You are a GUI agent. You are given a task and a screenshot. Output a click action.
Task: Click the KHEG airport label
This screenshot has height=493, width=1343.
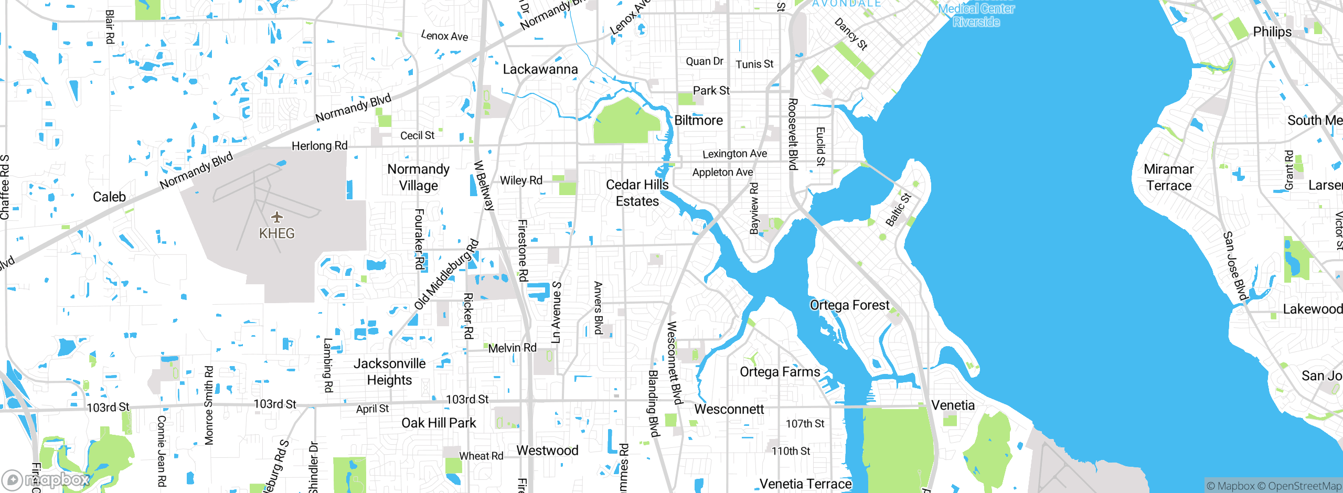pyautogui.click(x=276, y=233)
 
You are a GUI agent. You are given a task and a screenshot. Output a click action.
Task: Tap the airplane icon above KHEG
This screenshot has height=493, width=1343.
pyautogui.click(x=277, y=217)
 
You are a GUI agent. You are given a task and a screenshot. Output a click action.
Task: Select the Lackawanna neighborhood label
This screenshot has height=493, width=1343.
pyautogui.click(x=540, y=69)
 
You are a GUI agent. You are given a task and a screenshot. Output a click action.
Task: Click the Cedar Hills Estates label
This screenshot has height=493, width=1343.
pyautogui.click(x=637, y=193)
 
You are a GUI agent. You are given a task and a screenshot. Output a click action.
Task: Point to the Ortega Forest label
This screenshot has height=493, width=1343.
pyautogui.click(x=849, y=305)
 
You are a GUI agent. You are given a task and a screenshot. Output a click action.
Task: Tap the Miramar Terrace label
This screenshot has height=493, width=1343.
pyautogui.click(x=1168, y=177)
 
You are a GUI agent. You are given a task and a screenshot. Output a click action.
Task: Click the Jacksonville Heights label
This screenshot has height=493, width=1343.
pyautogui.click(x=389, y=371)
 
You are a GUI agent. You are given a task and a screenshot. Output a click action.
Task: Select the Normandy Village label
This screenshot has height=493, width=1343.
pyautogui.click(x=418, y=177)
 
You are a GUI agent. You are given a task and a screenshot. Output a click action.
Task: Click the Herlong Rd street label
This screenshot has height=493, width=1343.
pyautogui.click(x=319, y=146)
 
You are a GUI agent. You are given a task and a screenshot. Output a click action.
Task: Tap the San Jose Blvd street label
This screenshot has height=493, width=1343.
pyautogui.click(x=1234, y=266)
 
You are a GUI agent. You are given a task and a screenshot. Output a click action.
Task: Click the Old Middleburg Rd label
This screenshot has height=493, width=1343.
pyautogui.click(x=446, y=275)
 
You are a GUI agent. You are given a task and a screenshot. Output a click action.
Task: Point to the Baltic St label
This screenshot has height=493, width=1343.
pyautogui.click(x=898, y=210)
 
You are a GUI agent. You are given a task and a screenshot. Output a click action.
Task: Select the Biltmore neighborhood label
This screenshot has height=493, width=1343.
pyautogui.click(x=698, y=121)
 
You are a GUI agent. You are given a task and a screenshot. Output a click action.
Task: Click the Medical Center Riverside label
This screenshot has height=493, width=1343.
pyautogui.click(x=976, y=15)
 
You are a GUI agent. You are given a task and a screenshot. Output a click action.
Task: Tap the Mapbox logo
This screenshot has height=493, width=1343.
pyautogui.click(x=46, y=479)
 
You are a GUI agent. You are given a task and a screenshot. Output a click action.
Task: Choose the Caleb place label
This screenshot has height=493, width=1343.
pyautogui.click(x=109, y=197)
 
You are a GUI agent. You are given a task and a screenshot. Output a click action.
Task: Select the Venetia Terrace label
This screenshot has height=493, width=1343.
pyautogui.click(x=805, y=484)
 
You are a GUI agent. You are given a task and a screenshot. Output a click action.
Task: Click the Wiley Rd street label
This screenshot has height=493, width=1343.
pyautogui.click(x=521, y=180)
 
